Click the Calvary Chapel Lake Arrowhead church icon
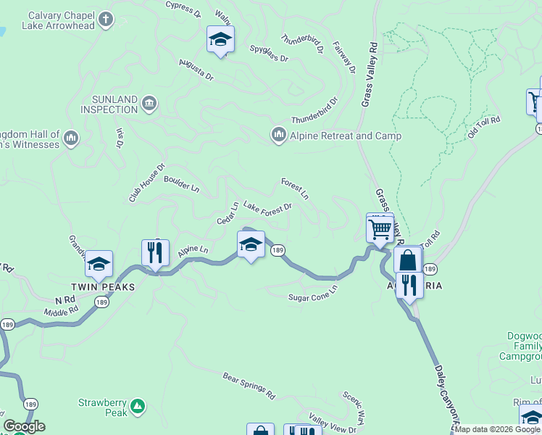pyautogui.click(x=107, y=20)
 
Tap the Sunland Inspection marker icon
pyautogui.click(x=149, y=102)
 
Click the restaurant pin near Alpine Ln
pyautogui.click(x=155, y=253)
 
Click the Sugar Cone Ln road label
pyautogui.click(x=313, y=293)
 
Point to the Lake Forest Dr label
pyautogui.click(x=267, y=207)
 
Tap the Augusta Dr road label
pyautogui.click(x=196, y=70)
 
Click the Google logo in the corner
pyautogui.click(x=24, y=426)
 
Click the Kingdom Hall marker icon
pyautogui.click(x=71, y=138)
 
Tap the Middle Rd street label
pyautogui.click(x=60, y=311)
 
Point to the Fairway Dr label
pyautogui.click(x=344, y=57)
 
